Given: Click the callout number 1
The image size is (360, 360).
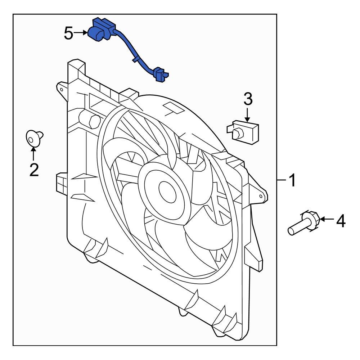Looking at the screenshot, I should click(292, 180).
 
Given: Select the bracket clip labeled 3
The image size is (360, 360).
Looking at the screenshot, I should click(244, 132).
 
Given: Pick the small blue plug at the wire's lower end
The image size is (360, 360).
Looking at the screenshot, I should click(160, 75).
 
